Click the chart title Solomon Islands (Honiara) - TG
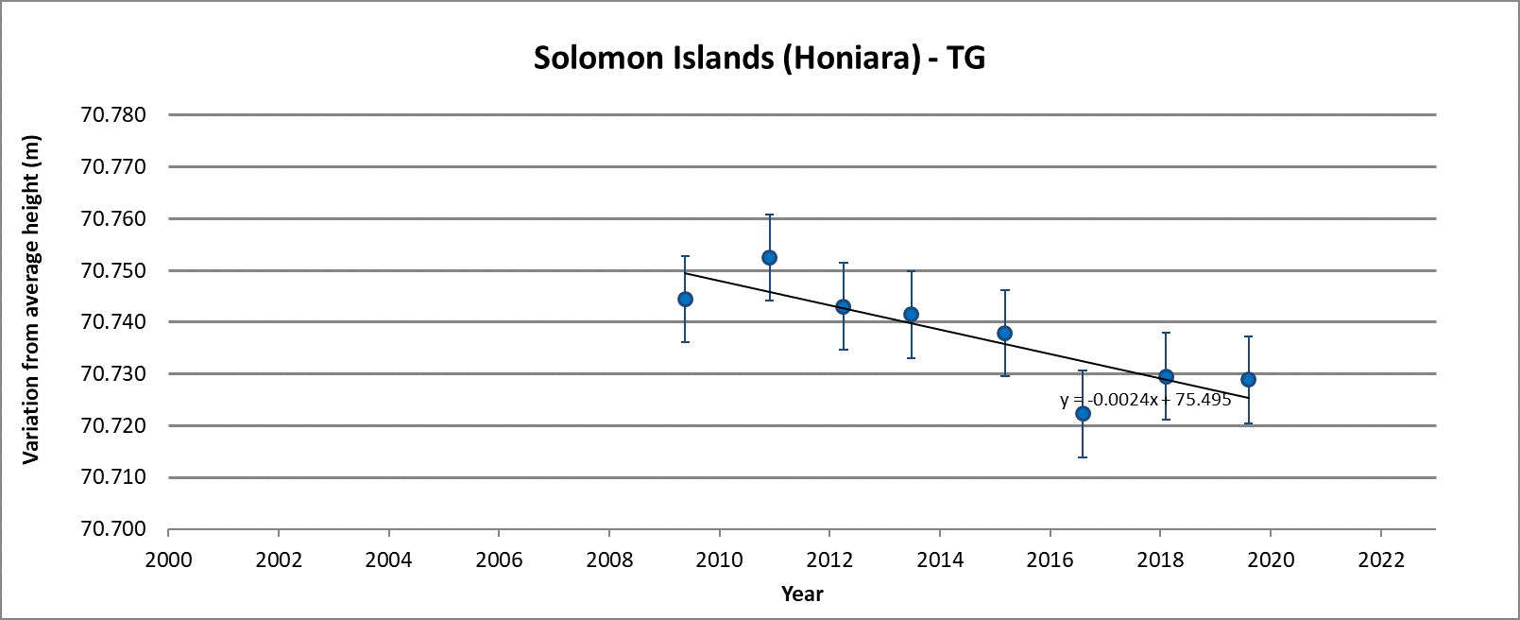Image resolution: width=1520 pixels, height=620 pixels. click(759, 58)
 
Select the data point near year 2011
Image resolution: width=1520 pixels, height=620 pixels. click(769, 257)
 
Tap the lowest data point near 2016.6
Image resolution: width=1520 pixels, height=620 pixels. click(1083, 413)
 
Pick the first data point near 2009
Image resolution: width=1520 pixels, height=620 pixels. click(685, 299)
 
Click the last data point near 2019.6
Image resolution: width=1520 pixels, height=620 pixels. click(1248, 379)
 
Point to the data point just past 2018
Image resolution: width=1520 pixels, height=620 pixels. click(1166, 376)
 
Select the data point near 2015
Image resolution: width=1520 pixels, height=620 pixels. click(1004, 333)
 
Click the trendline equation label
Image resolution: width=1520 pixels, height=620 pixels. click(1145, 400)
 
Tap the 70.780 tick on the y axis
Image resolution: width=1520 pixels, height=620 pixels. click(113, 115)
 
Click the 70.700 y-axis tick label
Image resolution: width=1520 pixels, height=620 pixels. click(113, 529)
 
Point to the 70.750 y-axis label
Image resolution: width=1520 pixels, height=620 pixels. click(113, 270)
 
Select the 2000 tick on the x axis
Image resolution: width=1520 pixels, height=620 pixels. click(168, 560)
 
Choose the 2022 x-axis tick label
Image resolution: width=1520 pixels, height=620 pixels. click(1381, 560)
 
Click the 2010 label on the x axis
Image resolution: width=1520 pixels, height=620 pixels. click(720, 560)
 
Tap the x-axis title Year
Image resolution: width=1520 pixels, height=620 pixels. click(802, 594)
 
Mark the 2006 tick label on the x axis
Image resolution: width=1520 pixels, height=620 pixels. click(499, 560)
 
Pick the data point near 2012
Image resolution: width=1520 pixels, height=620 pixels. click(843, 306)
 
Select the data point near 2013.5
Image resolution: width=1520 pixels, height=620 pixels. click(911, 314)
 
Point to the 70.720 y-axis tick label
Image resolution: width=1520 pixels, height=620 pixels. click(113, 425)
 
